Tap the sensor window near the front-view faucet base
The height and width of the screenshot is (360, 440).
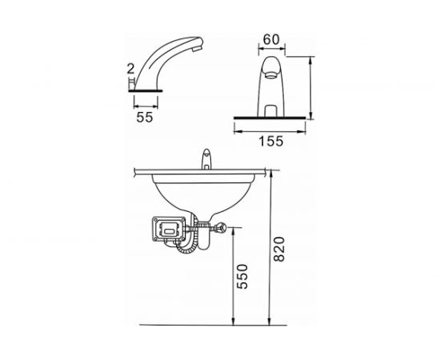coord(271,100)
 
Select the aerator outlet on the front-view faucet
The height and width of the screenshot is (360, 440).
coord(272,74)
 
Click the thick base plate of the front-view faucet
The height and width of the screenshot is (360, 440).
coord(271,118)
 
